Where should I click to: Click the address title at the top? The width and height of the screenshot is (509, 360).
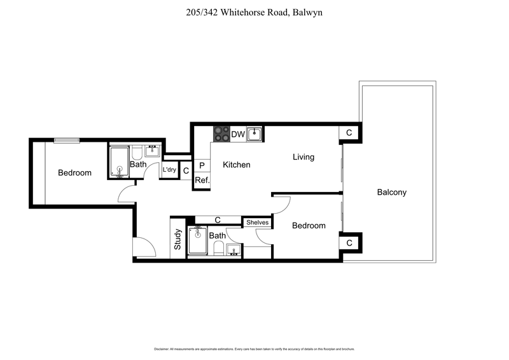(254, 12)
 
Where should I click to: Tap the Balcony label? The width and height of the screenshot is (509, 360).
(391, 192)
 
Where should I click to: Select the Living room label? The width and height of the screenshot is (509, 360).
(303, 156)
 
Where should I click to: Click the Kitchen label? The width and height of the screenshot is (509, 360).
(236, 165)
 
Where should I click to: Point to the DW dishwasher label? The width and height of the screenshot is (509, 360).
(237, 134)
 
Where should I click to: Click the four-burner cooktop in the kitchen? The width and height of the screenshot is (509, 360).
(221, 134)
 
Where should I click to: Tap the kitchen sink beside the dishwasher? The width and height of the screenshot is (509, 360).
(255, 134)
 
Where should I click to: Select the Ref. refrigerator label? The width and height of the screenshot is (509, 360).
(202, 180)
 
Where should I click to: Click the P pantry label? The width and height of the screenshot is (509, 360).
(202, 165)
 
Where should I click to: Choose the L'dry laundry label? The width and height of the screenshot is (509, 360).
(169, 170)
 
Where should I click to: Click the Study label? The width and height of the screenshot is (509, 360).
(178, 239)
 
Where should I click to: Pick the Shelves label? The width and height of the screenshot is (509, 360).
(258, 223)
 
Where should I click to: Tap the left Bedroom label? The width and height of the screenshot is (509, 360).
(74, 172)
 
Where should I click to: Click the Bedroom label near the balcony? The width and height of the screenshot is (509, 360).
(309, 225)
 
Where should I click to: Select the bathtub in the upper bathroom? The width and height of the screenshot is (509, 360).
(119, 162)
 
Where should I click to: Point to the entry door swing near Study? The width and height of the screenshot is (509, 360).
(143, 247)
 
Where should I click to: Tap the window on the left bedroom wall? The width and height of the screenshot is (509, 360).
(66, 141)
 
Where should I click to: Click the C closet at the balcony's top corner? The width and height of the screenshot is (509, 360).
(349, 132)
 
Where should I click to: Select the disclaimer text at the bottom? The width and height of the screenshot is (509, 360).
(254, 349)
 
